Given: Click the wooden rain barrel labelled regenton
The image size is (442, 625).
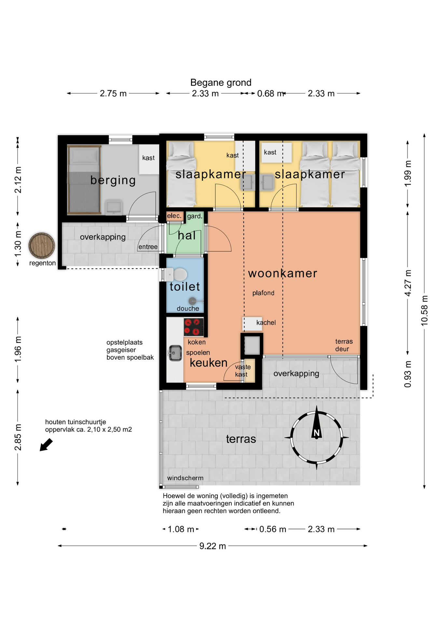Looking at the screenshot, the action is click(x=42, y=245).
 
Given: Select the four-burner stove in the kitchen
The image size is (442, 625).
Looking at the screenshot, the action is click(x=194, y=327).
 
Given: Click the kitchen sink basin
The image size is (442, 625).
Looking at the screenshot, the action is click(x=175, y=353).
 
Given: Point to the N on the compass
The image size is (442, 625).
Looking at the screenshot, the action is click(x=316, y=433).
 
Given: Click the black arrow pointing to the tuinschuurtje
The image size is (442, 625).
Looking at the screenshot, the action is click(x=46, y=445).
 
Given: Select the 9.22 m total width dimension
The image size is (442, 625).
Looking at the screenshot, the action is click(x=213, y=546).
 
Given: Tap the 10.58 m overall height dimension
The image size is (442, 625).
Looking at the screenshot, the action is click(x=424, y=310).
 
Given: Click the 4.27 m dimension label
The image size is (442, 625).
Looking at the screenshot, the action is click(x=408, y=283).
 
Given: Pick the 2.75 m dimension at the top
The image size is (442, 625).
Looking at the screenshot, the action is click(x=113, y=93).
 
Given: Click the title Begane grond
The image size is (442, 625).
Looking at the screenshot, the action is click(x=221, y=83).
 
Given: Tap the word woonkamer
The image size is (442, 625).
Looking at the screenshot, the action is click(x=283, y=273).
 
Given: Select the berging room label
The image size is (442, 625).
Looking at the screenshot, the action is click(x=113, y=180).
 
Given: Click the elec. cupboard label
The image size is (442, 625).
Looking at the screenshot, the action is click(x=174, y=216).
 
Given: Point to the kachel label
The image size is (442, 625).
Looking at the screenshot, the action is click(x=266, y=323).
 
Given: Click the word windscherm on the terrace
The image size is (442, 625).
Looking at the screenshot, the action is click(x=185, y=478).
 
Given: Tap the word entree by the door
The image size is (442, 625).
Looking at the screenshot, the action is click(x=148, y=247).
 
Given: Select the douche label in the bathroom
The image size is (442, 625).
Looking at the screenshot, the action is click(x=188, y=308).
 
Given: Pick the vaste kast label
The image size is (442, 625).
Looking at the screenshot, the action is click(x=243, y=371).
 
